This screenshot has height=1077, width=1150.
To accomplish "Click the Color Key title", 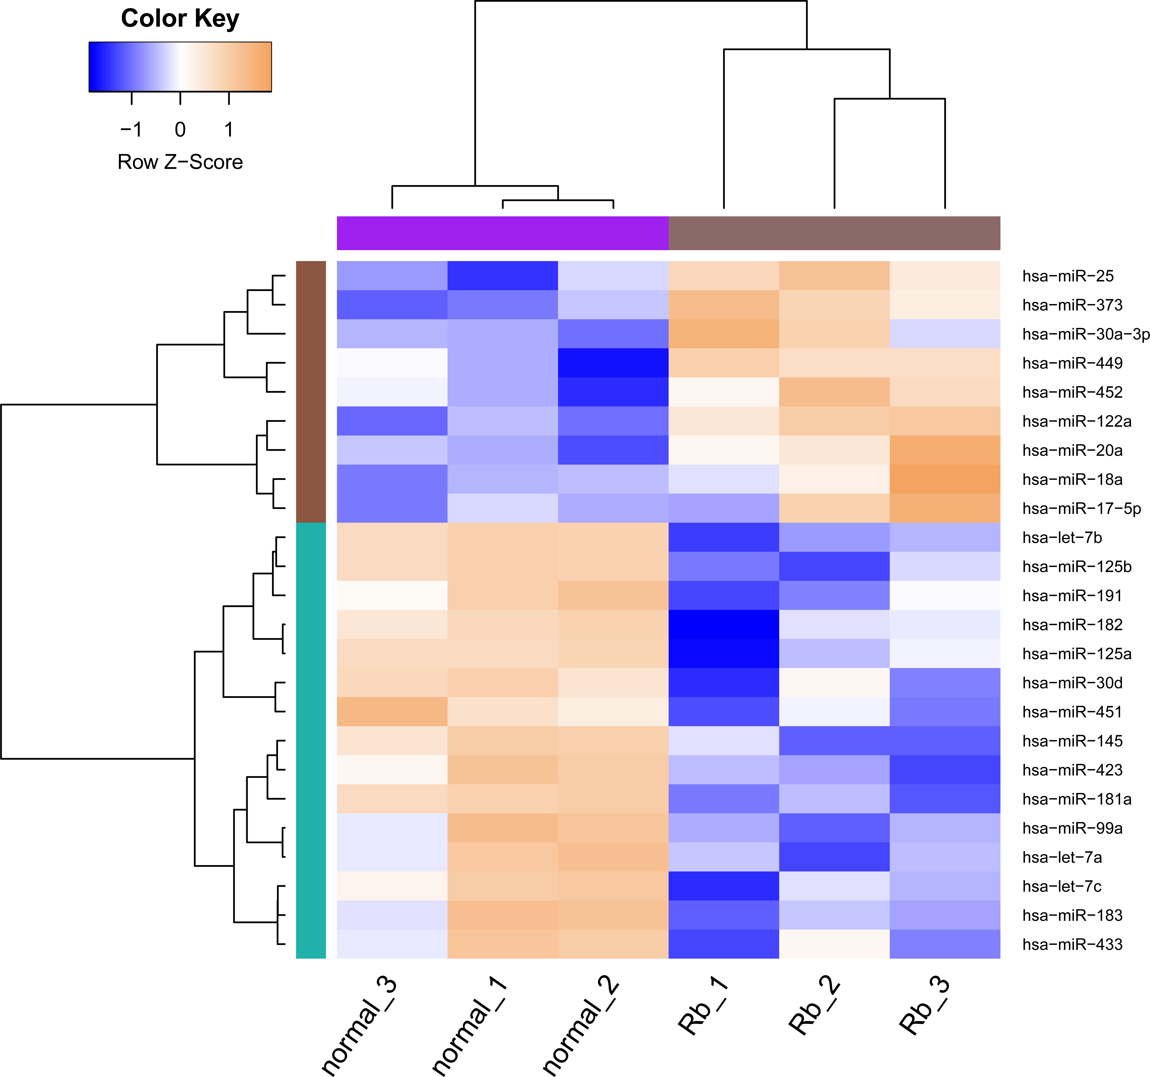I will tap(180, 19).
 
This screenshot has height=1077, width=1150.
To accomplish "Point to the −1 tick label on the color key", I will tap(131, 129).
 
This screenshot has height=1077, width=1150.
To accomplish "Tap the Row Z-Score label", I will tap(180, 162).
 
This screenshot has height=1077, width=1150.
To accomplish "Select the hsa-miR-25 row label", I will tap(1068, 276).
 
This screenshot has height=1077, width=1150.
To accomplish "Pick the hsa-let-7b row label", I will tap(1062, 538).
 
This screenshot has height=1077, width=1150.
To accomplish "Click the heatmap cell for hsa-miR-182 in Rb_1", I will tap(724, 624).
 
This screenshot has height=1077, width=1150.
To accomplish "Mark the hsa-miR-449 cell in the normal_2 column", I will tap(613, 363).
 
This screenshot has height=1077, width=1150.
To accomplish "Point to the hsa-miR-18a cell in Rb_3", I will tap(945, 479).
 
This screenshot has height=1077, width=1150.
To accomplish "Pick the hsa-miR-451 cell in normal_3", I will tap(392, 712).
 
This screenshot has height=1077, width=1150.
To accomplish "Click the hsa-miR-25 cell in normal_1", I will tap(503, 276).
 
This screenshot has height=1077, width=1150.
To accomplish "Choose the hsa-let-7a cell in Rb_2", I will tap(834, 857).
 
